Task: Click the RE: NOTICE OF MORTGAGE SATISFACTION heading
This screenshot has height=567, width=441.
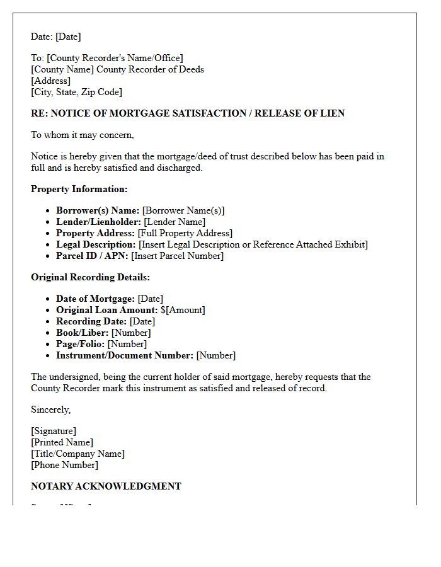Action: [188, 113]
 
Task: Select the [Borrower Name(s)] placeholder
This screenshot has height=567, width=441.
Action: [183, 210]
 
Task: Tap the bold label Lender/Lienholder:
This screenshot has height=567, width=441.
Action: [98, 222]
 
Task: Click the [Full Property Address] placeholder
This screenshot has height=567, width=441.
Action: [185, 233]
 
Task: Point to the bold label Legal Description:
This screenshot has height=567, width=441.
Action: [96, 244]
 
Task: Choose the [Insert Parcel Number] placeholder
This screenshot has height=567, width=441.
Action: [177, 256]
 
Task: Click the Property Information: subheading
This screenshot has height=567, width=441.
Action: [79, 189]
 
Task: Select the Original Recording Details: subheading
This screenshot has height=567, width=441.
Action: [90, 277]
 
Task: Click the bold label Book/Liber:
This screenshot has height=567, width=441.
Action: [81, 333]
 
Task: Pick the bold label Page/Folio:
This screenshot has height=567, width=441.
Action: [80, 344]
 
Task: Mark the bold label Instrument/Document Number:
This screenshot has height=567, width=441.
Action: [125, 355]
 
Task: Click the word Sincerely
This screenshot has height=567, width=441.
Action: [50, 409]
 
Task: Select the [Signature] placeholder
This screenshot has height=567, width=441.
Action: [54, 431]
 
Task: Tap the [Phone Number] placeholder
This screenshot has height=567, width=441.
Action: [64, 465]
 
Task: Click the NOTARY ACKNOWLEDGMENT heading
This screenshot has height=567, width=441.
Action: [106, 486]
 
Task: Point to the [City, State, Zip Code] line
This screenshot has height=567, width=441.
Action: [76, 92]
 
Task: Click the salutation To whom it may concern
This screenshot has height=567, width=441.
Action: [82, 135]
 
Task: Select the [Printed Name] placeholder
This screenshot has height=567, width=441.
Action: [62, 442]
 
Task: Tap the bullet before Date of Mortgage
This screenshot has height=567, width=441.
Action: [49, 299]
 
